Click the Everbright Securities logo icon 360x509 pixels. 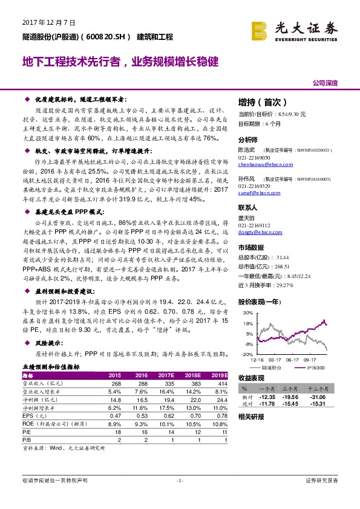pyautogui.click(x=260, y=28)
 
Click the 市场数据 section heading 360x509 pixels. pyautogui.click(x=251, y=247)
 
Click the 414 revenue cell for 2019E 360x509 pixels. pyautogui.click(x=220, y=383)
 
